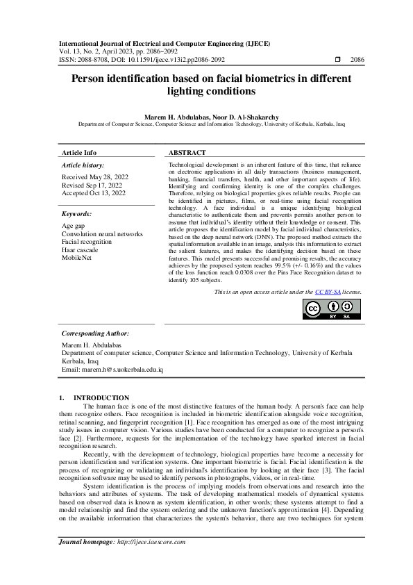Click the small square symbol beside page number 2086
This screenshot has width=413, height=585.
click(336, 60)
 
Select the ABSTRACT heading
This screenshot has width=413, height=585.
click(187, 152)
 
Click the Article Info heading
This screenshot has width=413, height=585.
click(79, 152)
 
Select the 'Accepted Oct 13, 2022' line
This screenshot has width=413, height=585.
click(93, 192)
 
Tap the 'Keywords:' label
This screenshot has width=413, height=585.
click(77, 214)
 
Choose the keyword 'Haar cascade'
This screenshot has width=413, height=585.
click(80, 249)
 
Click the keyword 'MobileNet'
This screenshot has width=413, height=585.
click(76, 258)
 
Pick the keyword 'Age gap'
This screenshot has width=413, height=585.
click(73, 226)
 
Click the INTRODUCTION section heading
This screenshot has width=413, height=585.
click(99, 398)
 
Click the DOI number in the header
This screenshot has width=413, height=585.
click(170, 60)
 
